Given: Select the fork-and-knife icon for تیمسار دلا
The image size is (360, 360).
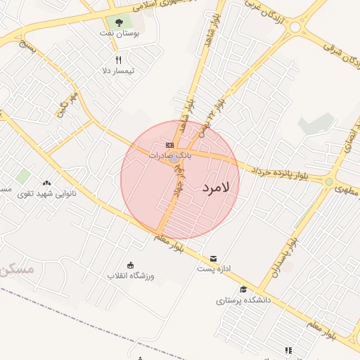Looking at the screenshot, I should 118,60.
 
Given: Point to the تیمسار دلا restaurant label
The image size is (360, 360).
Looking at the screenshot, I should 118,70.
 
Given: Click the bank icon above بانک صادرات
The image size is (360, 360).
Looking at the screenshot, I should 169,145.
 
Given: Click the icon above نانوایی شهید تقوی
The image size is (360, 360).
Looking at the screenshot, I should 46,183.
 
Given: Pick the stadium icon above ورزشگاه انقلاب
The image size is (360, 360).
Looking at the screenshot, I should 130,265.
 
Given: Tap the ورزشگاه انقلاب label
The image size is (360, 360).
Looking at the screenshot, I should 130,275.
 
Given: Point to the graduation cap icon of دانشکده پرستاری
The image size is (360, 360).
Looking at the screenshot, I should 243,289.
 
